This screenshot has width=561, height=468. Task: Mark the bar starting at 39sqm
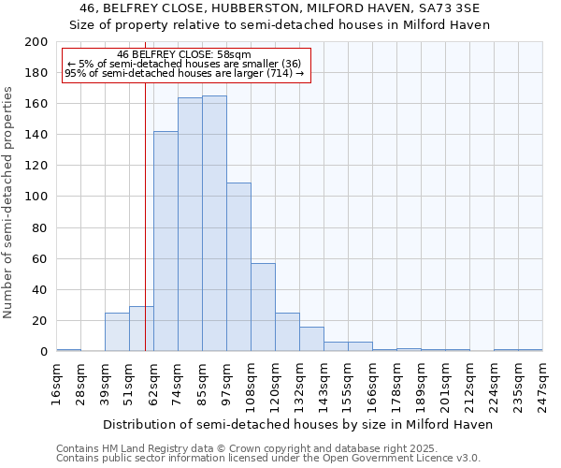click(x=117, y=331)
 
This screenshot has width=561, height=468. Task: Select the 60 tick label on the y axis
click(x=39, y=258)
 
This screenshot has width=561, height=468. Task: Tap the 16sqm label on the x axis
click(x=56, y=382)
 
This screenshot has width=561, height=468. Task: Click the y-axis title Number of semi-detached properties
click(x=9, y=202)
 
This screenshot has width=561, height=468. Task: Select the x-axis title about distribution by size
click(x=297, y=424)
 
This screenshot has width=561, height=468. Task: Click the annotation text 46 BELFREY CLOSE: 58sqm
click(x=184, y=55)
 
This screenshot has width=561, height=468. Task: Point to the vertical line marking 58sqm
click(x=145, y=215)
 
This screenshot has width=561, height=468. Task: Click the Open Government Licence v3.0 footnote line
click(x=268, y=458)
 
